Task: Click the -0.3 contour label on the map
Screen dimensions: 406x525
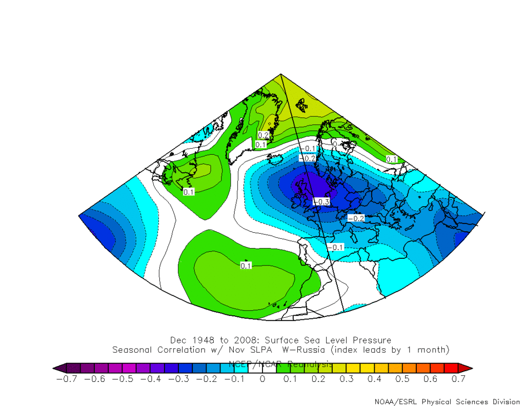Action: point(321,201)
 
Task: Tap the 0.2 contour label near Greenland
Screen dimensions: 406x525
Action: point(263,135)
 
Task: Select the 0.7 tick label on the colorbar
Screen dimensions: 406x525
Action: point(458,379)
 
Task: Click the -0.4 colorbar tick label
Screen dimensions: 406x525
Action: point(151,379)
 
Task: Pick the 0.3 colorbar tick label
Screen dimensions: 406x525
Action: point(347,379)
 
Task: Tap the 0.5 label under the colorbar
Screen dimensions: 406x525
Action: point(402,379)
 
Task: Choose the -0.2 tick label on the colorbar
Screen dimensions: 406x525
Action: point(207,379)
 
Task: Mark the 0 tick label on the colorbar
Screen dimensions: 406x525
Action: point(262,379)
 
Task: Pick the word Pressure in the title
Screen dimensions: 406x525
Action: point(373,340)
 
